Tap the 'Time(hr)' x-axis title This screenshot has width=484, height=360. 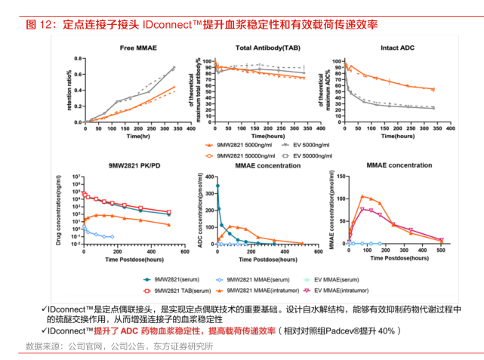[140, 137]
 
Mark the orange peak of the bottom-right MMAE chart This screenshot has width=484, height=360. [363, 196]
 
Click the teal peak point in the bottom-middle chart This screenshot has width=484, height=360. [218, 186]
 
